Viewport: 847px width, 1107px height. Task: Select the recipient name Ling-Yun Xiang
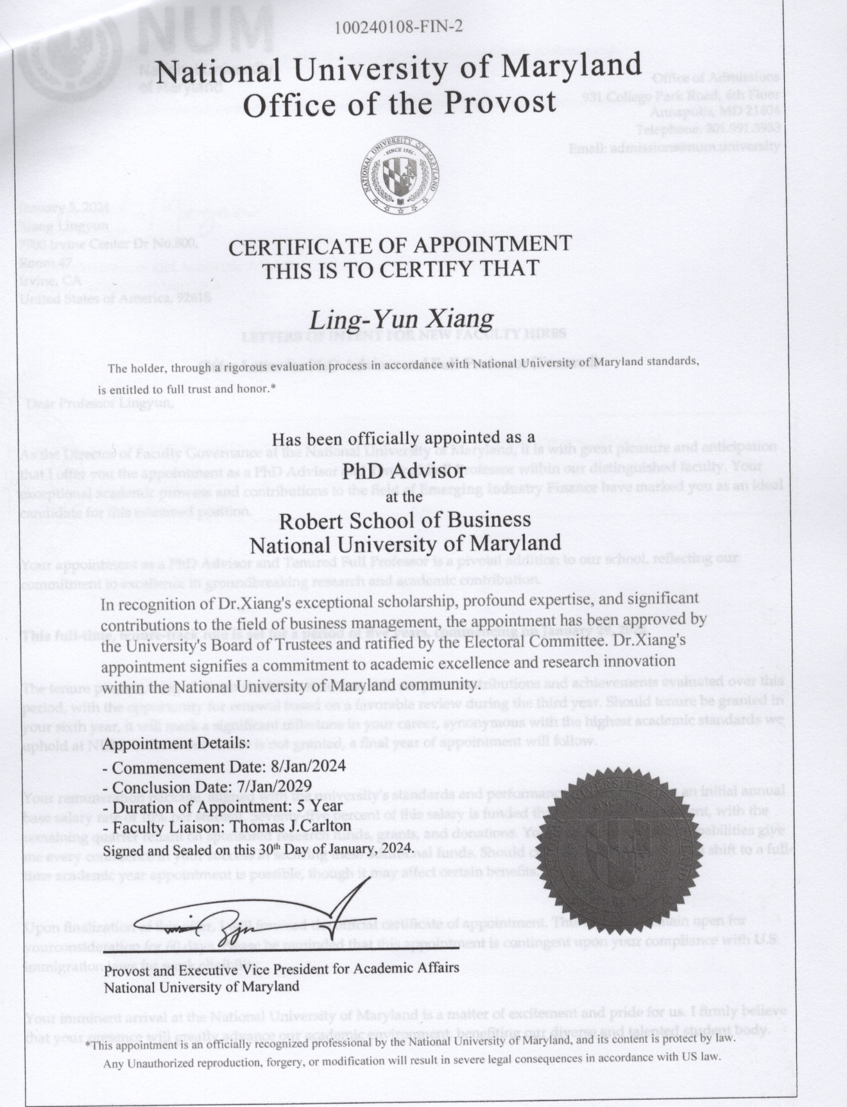click(402, 319)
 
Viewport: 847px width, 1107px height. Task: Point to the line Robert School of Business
click(405, 519)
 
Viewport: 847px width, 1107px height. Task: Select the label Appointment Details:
click(176, 744)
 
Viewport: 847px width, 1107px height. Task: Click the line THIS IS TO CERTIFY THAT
click(400, 269)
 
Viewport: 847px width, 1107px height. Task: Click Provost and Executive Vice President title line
click(282, 968)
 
